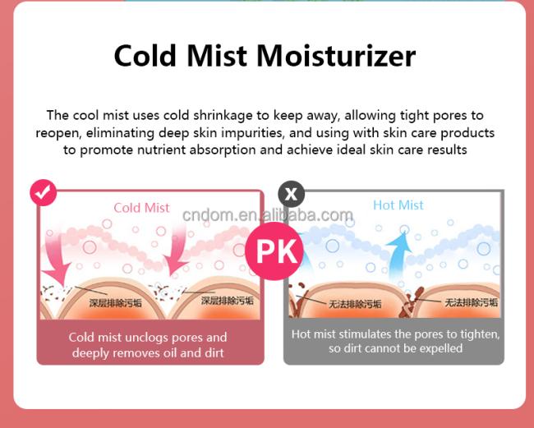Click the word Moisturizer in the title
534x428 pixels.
[x=336, y=56]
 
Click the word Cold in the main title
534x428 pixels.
[x=145, y=56]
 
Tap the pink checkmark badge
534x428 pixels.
[x=44, y=193]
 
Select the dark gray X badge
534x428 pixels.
[x=291, y=194]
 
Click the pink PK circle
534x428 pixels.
[x=274, y=251]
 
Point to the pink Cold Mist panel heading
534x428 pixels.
[x=141, y=208]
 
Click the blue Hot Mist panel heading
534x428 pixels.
[x=398, y=205]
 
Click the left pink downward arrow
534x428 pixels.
[x=56, y=259]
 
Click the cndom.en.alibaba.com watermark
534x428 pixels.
[x=268, y=215]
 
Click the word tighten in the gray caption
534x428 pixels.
[x=481, y=334]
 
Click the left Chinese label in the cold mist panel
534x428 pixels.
[x=115, y=302]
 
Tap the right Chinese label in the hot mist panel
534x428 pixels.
[x=471, y=302]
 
